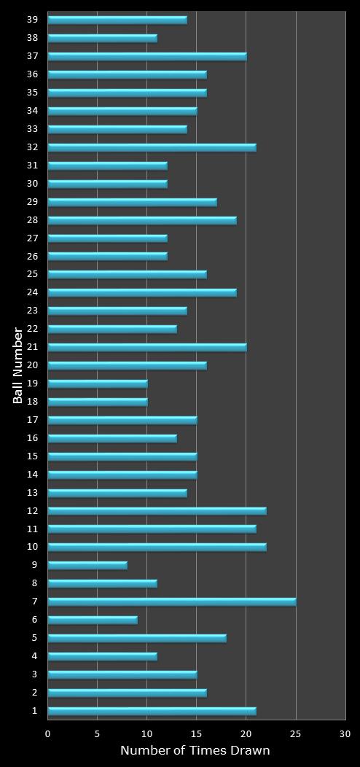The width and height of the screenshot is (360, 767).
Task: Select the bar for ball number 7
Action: coord(171,601)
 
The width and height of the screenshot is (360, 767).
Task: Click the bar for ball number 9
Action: coord(87,565)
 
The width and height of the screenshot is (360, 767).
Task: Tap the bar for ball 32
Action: coord(152,147)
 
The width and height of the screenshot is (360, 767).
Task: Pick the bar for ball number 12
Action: coord(157,510)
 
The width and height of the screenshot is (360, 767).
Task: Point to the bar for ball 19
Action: coord(98,383)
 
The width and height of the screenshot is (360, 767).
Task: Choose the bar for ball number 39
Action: coord(117,20)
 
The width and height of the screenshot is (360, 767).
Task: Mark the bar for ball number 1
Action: coord(152,711)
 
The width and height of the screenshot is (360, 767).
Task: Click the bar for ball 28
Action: coord(142,220)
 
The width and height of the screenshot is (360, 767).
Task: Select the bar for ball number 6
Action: coord(93,620)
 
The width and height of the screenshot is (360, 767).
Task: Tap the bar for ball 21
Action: coord(147,347)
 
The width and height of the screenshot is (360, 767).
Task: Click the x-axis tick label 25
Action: coord(296,734)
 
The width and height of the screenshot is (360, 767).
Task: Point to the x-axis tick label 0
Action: coord(48,734)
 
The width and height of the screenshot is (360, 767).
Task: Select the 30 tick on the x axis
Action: coord(345,734)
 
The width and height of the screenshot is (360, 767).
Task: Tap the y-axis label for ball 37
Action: coord(33,55)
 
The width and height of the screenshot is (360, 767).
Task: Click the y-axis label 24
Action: coord(33,292)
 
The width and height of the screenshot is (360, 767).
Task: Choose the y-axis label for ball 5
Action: coord(35,637)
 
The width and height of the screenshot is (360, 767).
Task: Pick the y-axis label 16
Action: coord(33,437)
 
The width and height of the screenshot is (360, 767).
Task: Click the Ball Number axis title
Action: coord(18,365)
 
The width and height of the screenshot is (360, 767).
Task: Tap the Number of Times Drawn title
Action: coord(195,750)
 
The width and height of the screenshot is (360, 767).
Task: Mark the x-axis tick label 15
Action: coord(197,734)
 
